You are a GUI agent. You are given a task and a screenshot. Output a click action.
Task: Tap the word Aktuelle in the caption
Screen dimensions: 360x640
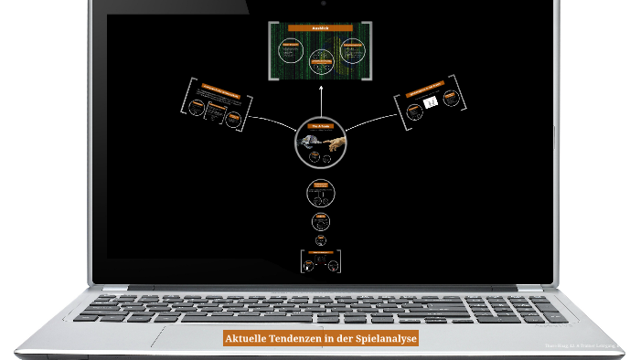pyautogui.click(x=247, y=338)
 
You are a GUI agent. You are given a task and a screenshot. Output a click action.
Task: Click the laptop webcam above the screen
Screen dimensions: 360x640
pyautogui.click(x=320, y=3)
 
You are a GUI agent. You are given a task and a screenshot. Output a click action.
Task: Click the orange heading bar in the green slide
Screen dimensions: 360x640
pyautogui.click(x=320, y=29)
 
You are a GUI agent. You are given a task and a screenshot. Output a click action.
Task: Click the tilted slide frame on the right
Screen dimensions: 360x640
pyautogui.click(x=432, y=106)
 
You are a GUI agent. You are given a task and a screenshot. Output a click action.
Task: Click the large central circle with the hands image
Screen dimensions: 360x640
pyautogui.click(x=320, y=142)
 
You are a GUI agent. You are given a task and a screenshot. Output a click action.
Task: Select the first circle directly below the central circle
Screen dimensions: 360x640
pyautogui.click(x=320, y=192)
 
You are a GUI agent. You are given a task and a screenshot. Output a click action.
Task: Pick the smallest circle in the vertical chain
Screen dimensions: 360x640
pyautogui.click(x=321, y=240)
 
